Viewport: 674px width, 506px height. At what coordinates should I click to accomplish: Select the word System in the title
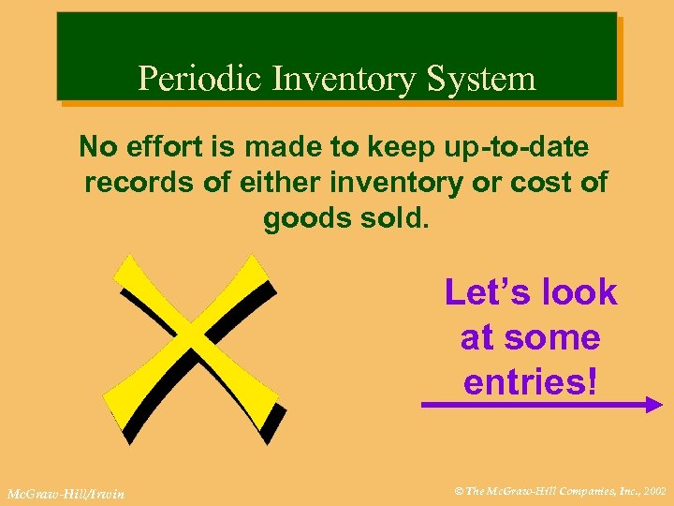(480, 78)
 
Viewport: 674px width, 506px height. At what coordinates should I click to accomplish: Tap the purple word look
(578, 292)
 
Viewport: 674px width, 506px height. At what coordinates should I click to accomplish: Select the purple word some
(559, 336)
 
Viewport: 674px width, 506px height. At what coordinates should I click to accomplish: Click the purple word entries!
(530, 381)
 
